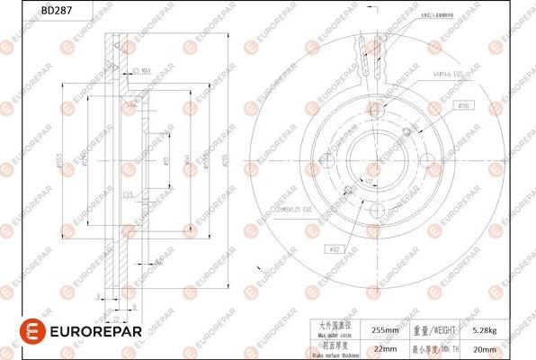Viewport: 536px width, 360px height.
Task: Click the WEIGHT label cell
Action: [440, 330]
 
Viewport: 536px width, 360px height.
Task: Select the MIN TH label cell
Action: [440, 349]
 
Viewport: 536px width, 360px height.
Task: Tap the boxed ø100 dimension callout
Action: [464, 106]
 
